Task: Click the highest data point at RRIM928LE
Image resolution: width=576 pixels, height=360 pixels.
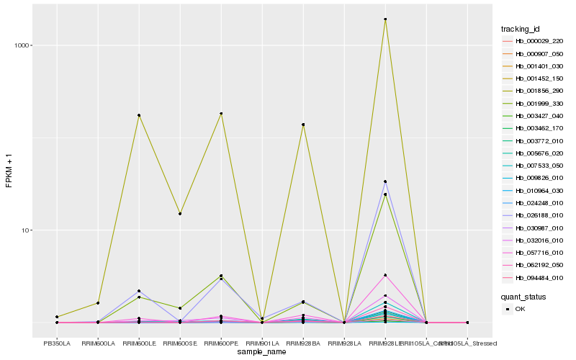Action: (x=385, y=19)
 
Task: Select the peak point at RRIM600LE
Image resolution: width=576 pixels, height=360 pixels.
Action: (x=139, y=115)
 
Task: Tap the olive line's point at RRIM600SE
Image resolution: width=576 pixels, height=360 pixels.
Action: (x=180, y=214)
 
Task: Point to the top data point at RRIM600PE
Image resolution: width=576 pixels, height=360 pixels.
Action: (x=221, y=113)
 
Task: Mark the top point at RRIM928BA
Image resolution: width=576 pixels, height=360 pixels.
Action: (x=303, y=125)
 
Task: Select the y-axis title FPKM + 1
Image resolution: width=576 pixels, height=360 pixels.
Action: (x=9, y=171)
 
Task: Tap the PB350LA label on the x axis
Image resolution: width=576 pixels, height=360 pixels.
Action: (x=57, y=343)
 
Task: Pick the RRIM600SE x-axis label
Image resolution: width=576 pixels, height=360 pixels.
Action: (x=180, y=343)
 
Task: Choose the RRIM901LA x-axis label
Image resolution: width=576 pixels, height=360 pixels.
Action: (x=262, y=343)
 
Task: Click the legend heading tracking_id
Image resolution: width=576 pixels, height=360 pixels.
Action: (x=521, y=29)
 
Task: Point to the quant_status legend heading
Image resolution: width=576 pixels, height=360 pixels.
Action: (x=523, y=296)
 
